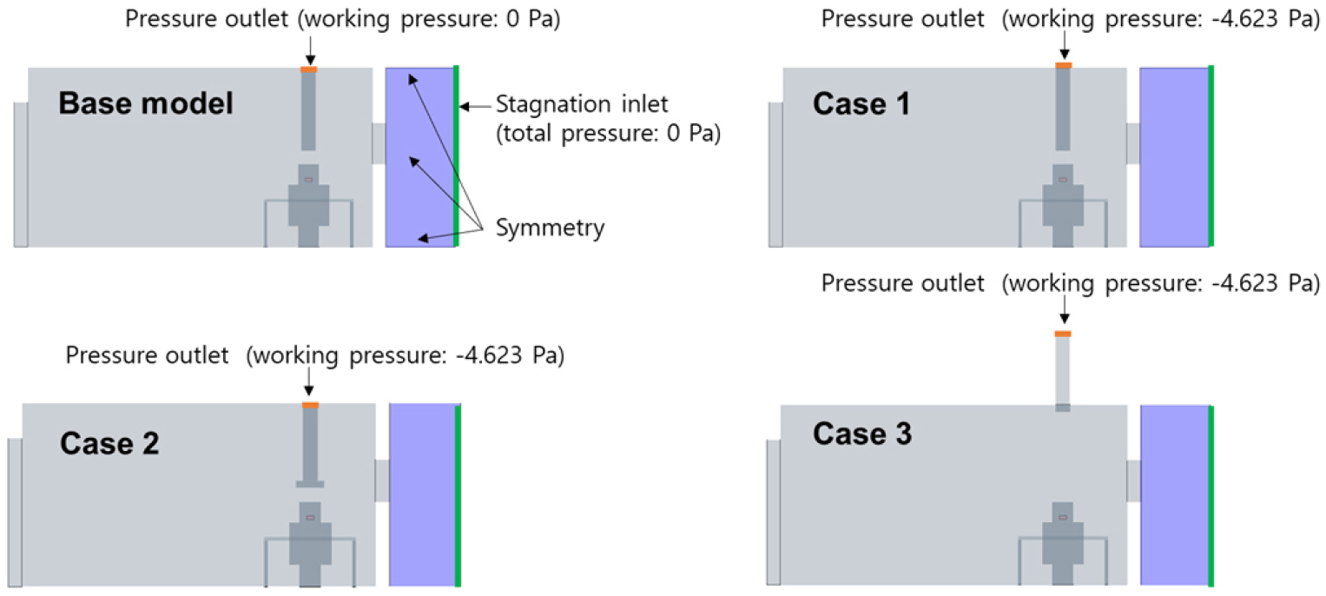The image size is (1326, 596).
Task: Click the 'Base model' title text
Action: (x=146, y=103)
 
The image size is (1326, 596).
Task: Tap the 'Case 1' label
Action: (x=861, y=103)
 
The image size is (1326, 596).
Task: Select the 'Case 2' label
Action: (x=109, y=444)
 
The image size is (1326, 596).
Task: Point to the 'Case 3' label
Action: (x=862, y=434)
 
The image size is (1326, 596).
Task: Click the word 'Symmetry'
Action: (x=550, y=228)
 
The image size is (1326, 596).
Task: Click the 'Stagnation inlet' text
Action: (x=581, y=104)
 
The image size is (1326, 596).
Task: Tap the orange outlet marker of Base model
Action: (x=309, y=70)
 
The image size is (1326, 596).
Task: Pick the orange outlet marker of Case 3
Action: (x=1063, y=334)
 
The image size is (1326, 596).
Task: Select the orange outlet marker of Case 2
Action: (x=310, y=405)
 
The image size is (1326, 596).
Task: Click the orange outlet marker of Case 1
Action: (x=1064, y=65)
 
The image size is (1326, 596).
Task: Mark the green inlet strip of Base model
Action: (x=457, y=156)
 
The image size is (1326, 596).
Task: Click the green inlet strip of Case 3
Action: (x=1211, y=496)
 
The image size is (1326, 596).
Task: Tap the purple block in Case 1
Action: (x=1174, y=157)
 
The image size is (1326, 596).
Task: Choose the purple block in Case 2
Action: (x=423, y=495)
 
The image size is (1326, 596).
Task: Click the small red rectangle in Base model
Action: (x=308, y=180)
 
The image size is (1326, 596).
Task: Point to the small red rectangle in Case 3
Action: (x=1063, y=517)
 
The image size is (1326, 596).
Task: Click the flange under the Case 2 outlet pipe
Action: (x=310, y=484)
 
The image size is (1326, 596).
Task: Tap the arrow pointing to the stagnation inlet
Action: (x=476, y=107)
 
